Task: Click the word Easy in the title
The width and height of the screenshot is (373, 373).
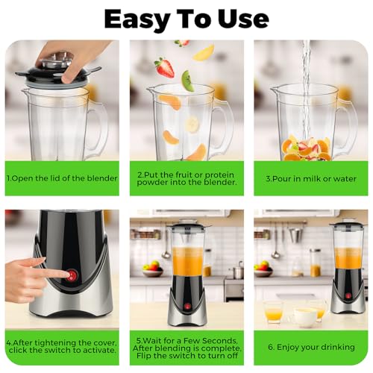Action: point(137,17)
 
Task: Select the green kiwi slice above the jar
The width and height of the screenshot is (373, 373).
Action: point(188,80)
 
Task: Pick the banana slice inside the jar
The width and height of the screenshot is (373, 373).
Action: point(192,125)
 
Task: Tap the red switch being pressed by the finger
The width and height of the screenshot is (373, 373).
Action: point(72,275)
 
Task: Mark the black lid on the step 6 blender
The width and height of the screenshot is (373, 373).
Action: point(347,224)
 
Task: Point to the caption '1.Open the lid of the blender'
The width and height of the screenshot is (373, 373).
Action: point(62,179)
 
